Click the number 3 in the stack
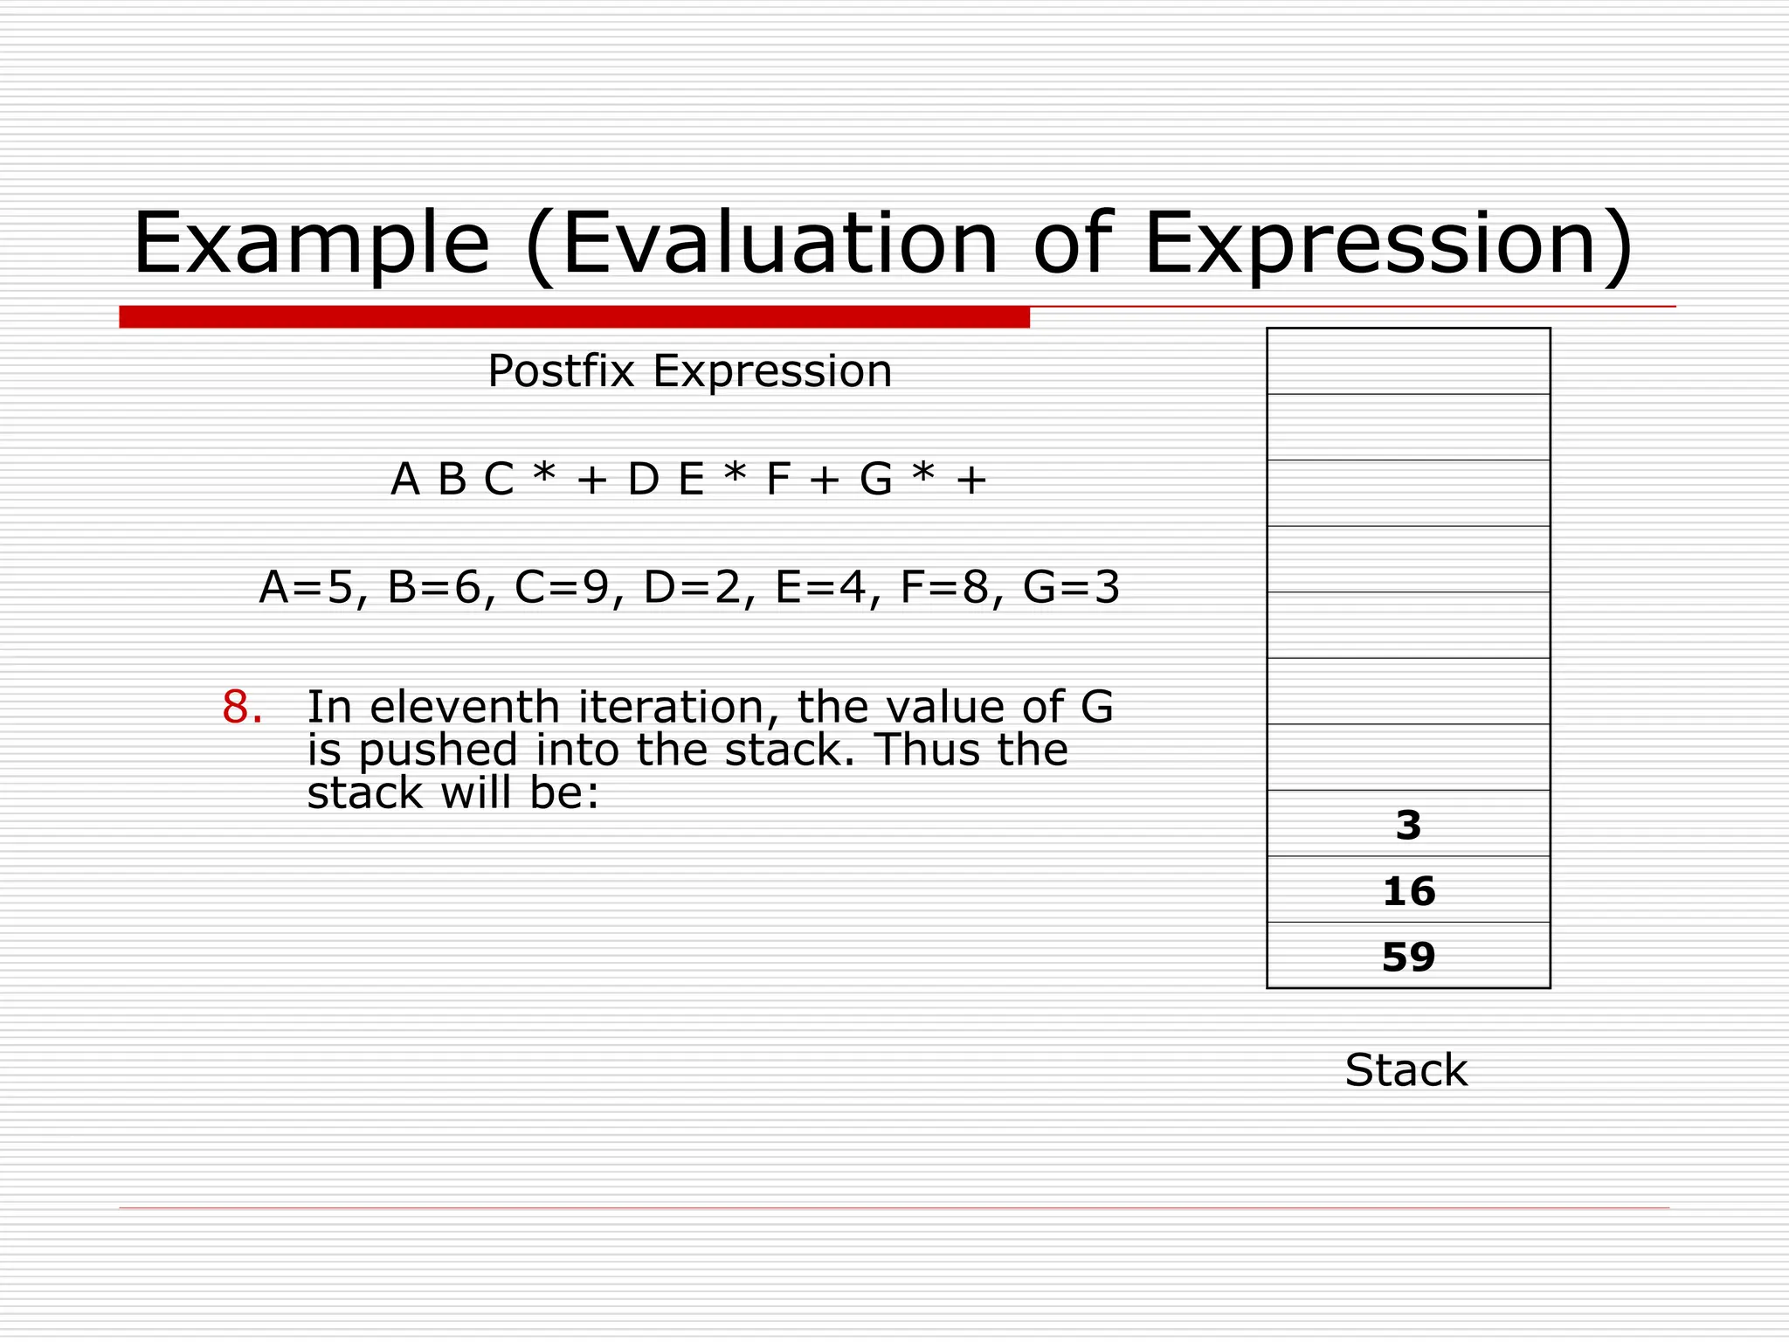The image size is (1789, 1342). (x=1408, y=825)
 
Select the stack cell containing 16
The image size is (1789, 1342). (x=1408, y=890)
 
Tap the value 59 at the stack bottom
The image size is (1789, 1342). (x=1408, y=957)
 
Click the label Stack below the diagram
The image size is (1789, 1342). (x=1406, y=1070)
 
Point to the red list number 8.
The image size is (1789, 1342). (x=241, y=707)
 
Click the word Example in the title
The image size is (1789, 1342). (x=310, y=245)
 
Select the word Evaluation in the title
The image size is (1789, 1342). (x=779, y=245)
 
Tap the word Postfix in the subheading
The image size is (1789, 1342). (x=561, y=371)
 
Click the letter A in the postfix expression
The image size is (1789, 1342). (x=404, y=480)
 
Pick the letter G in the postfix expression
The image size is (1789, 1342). (x=876, y=480)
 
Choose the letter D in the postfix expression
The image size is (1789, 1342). (x=643, y=480)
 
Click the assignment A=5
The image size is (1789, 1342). (x=306, y=587)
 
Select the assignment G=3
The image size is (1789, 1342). (x=1071, y=587)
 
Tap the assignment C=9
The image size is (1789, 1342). (x=562, y=587)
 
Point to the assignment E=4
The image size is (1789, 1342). (x=819, y=587)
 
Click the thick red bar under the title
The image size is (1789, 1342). (x=574, y=317)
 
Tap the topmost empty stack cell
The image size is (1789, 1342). (x=1408, y=361)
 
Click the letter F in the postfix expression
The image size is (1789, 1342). (x=778, y=480)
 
